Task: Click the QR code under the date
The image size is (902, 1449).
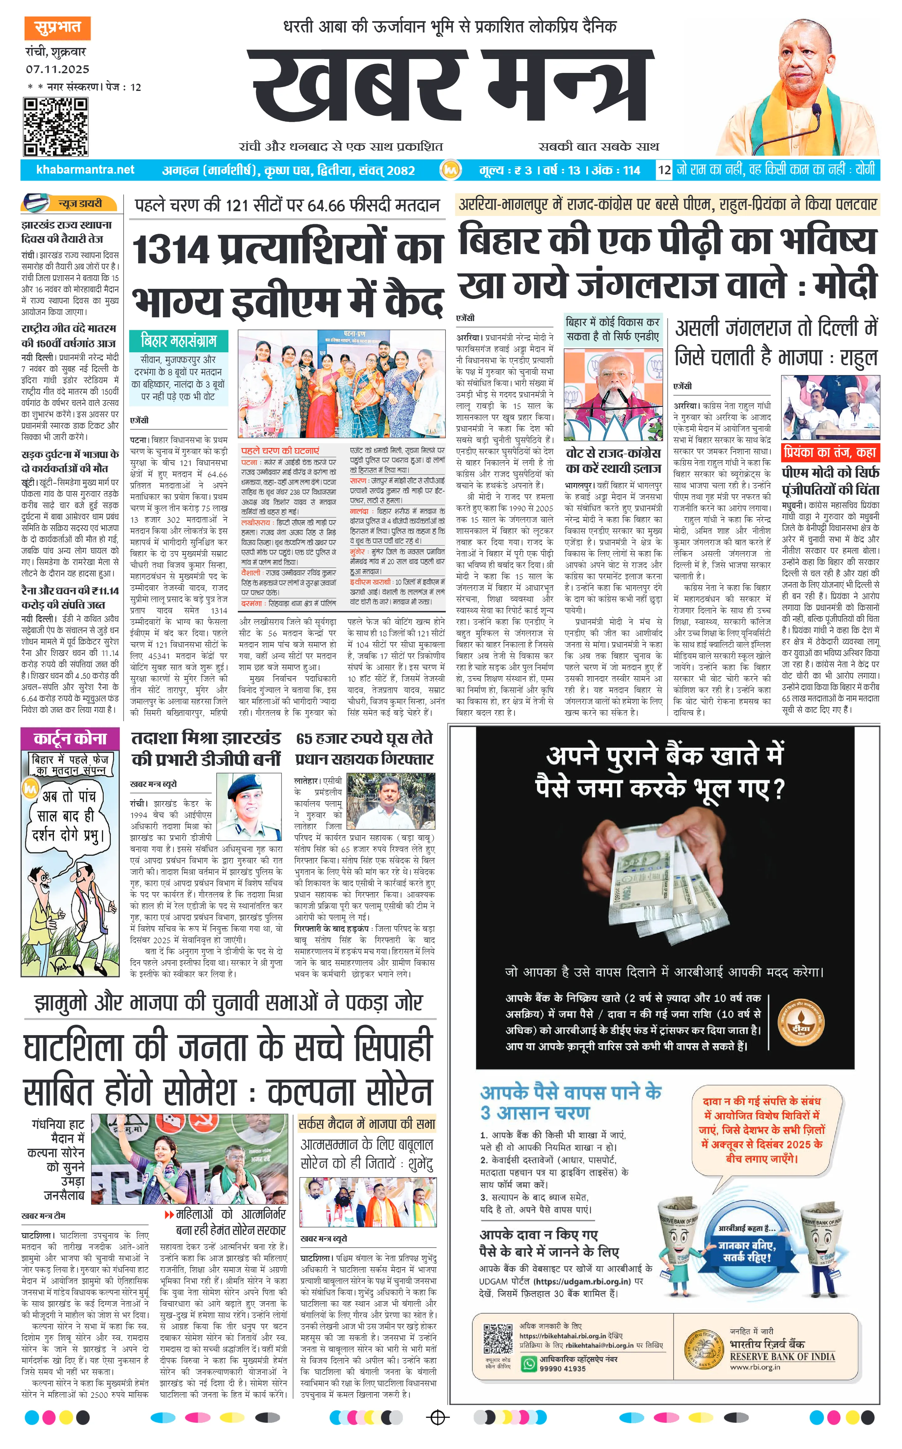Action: (x=56, y=127)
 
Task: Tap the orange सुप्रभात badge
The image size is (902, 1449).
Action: (x=57, y=27)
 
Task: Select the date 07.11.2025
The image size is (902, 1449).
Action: (x=57, y=69)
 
